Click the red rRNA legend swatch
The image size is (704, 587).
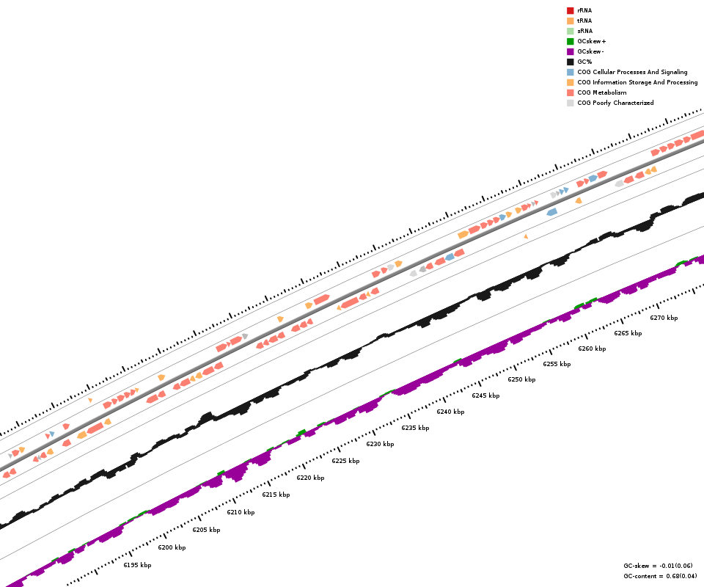click(570, 10)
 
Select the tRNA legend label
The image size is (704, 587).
click(584, 21)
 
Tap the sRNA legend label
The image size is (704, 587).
click(584, 31)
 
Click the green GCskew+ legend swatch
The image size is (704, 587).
click(570, 41)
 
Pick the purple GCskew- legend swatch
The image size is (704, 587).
click(570, 51)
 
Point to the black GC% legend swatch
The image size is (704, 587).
click(570, 62)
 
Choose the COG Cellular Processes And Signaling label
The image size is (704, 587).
click(632, 72)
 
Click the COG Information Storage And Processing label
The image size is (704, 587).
click(637, 82)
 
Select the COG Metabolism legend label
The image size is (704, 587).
click(601, 92)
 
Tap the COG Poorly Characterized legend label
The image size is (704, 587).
click(615, 103)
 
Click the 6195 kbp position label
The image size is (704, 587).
click(137, 565)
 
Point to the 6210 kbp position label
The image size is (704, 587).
click(241, 512)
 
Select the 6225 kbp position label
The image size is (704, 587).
click(345, 461)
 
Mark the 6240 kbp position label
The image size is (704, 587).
click(450, 412)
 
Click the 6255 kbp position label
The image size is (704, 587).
click(557, 364)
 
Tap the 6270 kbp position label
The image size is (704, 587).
click(664, 318)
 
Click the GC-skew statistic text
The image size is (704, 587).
click(658, 566)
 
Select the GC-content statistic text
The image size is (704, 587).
click(660, 576)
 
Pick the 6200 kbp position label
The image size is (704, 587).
click(172, 547)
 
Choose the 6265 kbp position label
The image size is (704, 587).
click(628, 333)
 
